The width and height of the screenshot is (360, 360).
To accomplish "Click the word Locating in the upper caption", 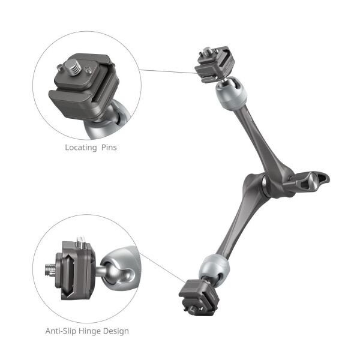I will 80,146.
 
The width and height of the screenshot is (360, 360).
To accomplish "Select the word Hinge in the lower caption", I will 93,331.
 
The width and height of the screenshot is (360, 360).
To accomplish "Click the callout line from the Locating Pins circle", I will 168,71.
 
